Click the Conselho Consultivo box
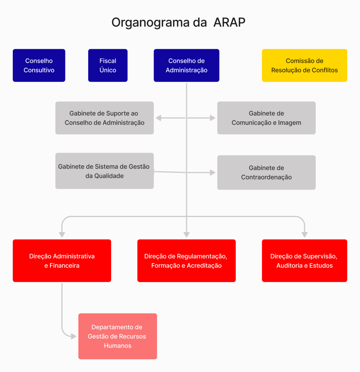[x=39, y=65]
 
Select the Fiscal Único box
[x=108, y=65]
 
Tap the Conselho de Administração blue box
[x=187, y=65]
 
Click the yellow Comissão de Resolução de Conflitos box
[x=305, y=65]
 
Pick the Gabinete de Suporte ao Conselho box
[x=105, y=118]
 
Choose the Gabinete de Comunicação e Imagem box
[x=266, y=118]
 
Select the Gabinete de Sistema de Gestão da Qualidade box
[x=105, y=171]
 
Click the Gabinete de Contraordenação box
[x=266, y=172]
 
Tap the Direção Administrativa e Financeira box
[x=62, y=261]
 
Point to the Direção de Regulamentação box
[x=187, y=261]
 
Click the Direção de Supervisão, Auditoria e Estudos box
[x=305, y=261]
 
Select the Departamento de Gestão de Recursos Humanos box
[x=118, y=336]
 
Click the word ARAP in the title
[x=229, y=22]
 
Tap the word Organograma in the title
[x=151, y=23]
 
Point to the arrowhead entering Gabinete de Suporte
[x=159, y=118]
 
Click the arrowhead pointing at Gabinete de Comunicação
[x=213, y=118]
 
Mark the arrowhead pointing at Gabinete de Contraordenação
[x=213, y=172]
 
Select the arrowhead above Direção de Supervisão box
[x=305, y=235]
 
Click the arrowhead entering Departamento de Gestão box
[x=74, y=336]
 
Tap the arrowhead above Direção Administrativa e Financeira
[x=62, y=235]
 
